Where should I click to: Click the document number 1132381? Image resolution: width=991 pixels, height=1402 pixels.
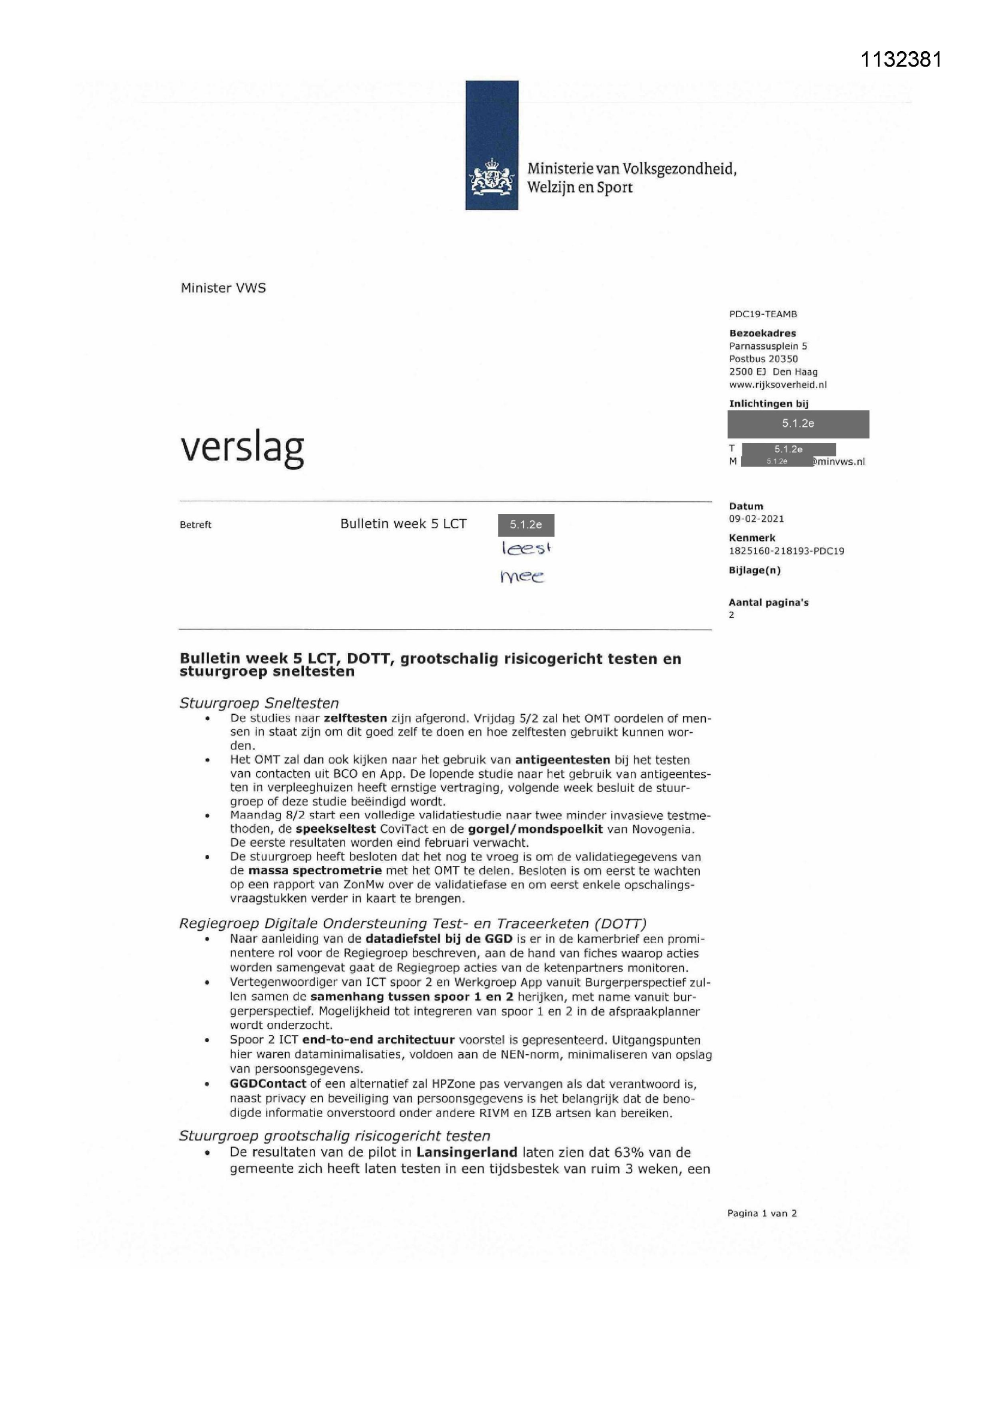click(901, 59)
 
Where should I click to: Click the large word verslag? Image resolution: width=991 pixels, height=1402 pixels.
click(242, 448)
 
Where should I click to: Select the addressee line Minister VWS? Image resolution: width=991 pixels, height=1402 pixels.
click(223, 288)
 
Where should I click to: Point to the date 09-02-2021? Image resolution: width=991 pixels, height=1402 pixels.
click(756, 519)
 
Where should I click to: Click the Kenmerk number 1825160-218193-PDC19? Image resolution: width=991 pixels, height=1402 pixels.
click(786, 550)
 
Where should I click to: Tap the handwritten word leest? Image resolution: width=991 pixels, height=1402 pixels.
click(526, 548)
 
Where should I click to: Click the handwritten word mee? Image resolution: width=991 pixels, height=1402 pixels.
click(522, 576)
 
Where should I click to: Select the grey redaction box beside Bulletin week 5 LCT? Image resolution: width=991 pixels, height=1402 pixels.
click(525, 525)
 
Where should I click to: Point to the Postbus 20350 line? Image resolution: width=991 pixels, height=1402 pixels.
click(763, 359)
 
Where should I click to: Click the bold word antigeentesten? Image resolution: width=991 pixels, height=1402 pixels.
click(562, 760)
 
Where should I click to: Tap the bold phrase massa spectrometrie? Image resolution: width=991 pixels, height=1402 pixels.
click(315, 871)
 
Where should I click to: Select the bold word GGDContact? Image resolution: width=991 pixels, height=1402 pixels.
click(268, 1084)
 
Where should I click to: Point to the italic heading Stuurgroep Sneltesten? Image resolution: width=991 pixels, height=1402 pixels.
click(259, 703)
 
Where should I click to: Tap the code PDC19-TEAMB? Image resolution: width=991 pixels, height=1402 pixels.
click(763, 314)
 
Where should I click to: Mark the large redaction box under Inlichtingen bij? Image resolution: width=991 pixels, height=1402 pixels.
click(797, 424)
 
